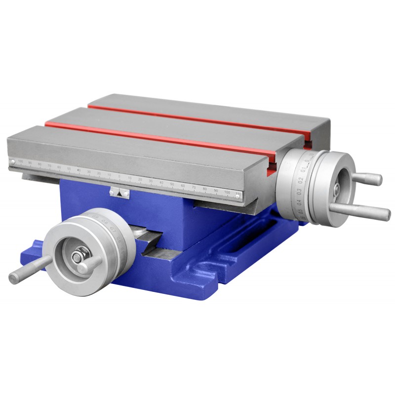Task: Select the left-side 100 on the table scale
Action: click(x=20, y=160)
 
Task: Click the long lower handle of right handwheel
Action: click(x=360, y=211)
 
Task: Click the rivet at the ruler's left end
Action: click(x=12, y=161)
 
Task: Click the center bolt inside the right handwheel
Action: click(x=336, y=188)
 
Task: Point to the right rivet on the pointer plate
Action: click(x=126, y=190)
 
